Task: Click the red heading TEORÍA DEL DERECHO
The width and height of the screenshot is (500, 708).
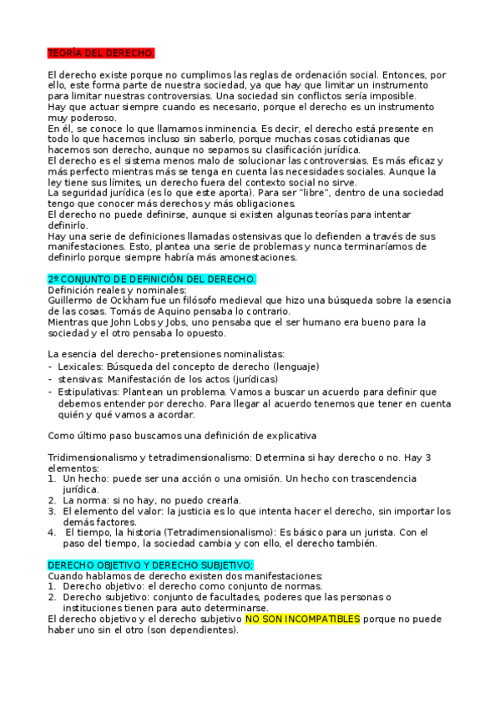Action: [x=101, y=53]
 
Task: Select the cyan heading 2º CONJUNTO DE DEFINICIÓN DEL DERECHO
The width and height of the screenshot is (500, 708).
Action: [x=152, y=278]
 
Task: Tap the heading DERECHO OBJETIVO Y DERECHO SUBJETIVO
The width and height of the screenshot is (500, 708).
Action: [x=144, y=565]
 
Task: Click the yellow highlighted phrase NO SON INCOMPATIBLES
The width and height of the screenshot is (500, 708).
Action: [x=303, y=619]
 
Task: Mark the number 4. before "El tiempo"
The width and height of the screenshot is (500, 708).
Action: [x=51, y=532]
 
